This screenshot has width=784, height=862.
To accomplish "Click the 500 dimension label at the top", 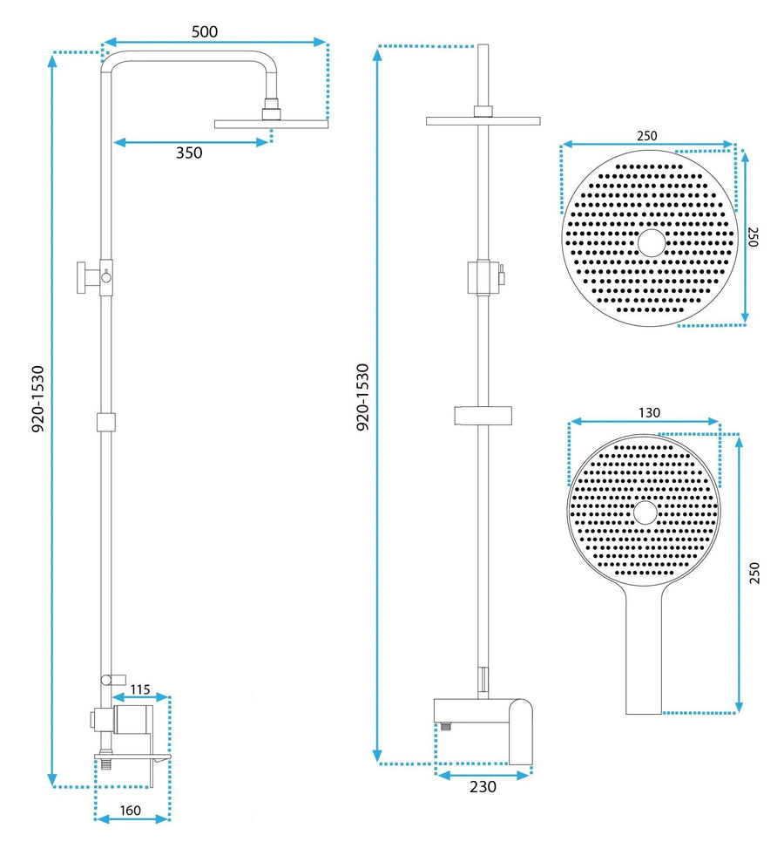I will tap(205, 31).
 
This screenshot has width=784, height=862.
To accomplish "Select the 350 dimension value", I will tap(189, 153).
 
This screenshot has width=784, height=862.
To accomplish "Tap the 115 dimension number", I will tap(140, 689).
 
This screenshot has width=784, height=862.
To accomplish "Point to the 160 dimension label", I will tap(130, 810).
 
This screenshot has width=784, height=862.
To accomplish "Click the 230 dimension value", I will tap(483, 786).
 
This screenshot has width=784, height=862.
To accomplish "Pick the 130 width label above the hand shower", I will tap(649, 412).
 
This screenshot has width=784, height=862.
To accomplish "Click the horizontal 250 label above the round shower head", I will tap(646, 135).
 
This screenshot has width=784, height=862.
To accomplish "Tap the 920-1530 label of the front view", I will tap(363, 397).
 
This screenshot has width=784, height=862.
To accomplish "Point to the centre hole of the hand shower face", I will tap(645, 512).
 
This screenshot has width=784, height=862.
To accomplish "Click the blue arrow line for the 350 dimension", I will tap(191, 140).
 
